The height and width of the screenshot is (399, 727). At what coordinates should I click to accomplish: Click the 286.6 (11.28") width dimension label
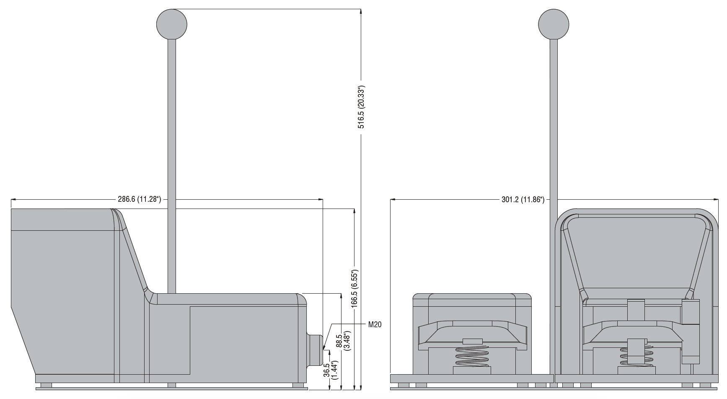point(140,199)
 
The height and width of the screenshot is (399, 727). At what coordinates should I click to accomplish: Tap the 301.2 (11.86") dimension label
point(523,200)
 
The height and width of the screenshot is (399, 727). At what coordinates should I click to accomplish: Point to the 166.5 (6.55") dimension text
point(355,289)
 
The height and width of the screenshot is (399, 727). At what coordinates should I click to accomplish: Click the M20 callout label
point(375,324)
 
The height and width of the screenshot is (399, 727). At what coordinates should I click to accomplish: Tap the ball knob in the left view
point(171,24)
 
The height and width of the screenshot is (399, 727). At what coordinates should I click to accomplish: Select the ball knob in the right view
point(554,24)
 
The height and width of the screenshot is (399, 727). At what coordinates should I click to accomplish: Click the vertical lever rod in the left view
point(171,166)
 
